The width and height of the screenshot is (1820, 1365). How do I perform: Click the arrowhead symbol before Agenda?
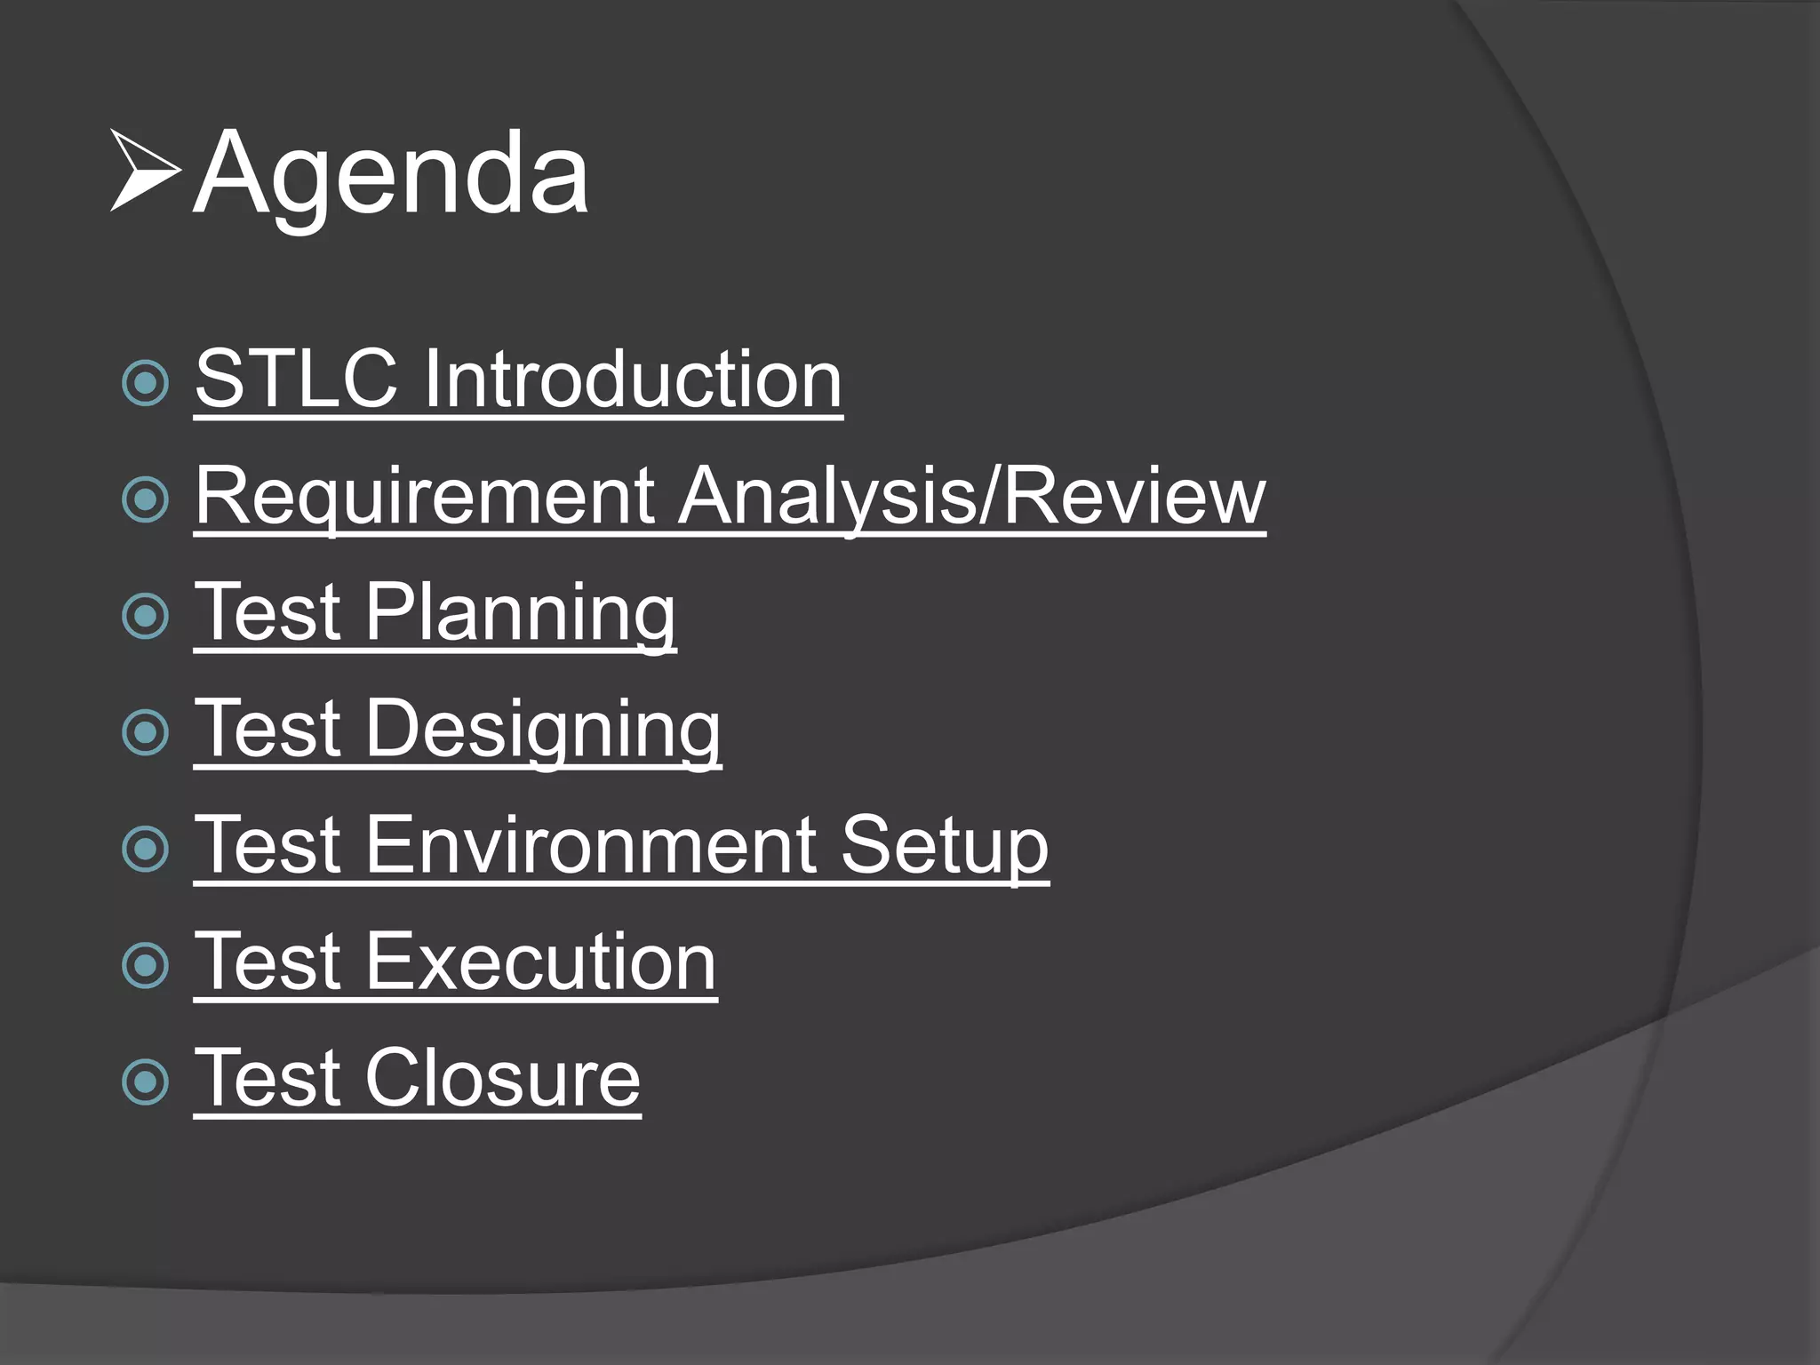point(144,171)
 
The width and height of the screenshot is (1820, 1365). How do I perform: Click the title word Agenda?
point(391,173)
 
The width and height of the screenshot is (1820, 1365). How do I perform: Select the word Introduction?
point(632,379)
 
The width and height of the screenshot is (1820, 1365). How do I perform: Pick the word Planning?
point(520,613)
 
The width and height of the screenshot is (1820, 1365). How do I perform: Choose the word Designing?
point(542,730)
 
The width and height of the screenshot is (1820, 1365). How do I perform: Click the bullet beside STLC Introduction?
point(145,383)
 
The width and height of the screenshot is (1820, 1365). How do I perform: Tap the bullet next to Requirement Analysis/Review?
point(145,499)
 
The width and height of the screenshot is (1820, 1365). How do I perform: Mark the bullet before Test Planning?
point(145,616)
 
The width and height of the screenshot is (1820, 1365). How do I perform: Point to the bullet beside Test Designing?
point(145,732)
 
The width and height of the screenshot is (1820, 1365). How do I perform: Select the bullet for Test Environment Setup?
point(145,849)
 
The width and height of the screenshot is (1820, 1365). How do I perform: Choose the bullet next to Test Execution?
point(145,965)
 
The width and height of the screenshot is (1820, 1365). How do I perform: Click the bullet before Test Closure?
point(145,1082)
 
